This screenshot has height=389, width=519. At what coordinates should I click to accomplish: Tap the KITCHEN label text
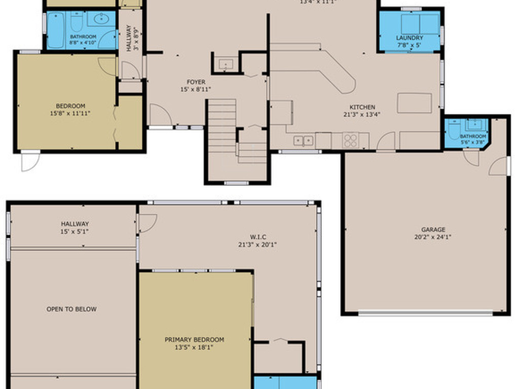click(x=362, y=107)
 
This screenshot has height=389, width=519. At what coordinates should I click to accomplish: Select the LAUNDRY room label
click(x=410, y=38)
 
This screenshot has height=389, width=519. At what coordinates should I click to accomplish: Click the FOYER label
click(x=196, y=82)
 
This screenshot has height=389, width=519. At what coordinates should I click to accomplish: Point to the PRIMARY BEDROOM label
click(x=194, y=340)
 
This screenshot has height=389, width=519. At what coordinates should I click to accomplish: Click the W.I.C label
click(x=257, y=237)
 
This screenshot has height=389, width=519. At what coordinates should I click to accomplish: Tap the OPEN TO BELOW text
click(x=71, y=309)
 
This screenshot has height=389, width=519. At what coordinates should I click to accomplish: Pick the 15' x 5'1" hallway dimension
click(x=75, y=231)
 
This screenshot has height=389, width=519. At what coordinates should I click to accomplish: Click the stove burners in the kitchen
click(x=350, y=140)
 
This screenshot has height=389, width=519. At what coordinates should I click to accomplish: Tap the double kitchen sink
click(x=303, y=140)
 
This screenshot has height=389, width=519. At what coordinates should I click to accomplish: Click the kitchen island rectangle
click(x=414, y=103)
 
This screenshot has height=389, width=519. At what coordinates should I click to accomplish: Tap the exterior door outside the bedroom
click(x=30, y=161)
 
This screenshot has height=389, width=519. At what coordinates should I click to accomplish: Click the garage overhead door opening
click(x=426, y=313)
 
